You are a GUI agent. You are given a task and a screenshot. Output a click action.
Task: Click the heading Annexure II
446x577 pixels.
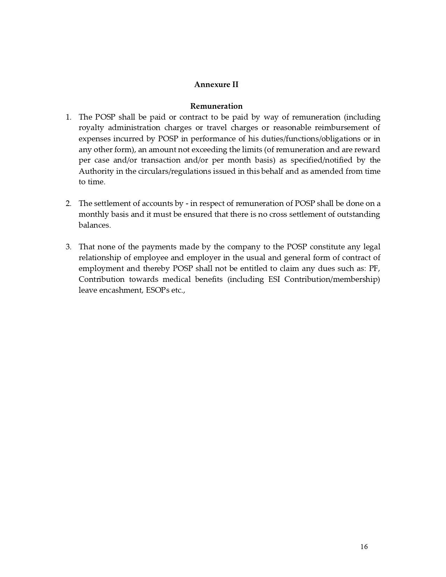click(216, 85)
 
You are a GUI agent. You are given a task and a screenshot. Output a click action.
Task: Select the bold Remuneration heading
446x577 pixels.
click(216, 106)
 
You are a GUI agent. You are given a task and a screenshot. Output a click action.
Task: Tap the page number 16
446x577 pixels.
click(364, 547)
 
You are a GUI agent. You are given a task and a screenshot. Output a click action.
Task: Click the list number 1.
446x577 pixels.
click(68, 117)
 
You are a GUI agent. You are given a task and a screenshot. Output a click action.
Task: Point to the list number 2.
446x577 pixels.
click(68, 204)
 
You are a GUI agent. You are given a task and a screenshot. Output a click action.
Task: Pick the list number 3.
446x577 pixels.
click(68, 247)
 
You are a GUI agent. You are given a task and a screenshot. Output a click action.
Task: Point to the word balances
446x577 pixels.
click(94, 225)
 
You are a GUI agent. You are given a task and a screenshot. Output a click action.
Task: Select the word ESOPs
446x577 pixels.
click(156, 290)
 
